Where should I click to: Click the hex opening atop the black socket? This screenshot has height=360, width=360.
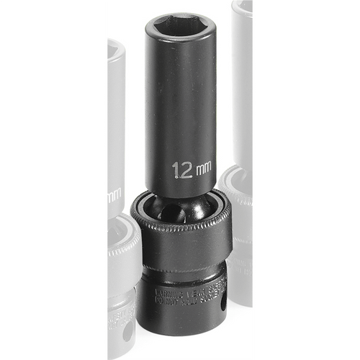pos(179,27)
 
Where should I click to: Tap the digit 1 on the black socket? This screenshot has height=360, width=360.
pos(176,171)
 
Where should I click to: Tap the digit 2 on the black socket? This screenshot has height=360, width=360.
pos(186,171)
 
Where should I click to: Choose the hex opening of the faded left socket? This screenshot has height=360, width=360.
pos(114,50)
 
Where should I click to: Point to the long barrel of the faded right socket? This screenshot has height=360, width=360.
pos(242,94)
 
